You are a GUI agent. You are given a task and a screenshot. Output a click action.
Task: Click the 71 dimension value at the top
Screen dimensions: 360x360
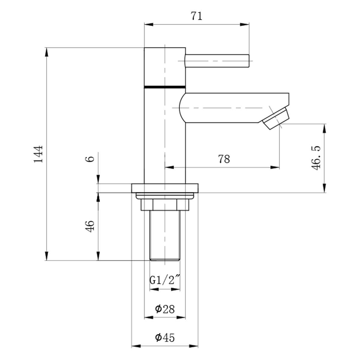pyautogui.click(x=196, y=16)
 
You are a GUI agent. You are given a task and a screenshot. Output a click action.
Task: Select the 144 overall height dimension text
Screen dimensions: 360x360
pyautogui.click(x=38, y=154)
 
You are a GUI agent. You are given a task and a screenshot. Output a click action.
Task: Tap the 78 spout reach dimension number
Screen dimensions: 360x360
pyautogui.click(x=224, y=159)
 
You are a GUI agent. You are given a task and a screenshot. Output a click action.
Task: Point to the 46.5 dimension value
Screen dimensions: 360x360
pyautogui.click(x=316, y=158)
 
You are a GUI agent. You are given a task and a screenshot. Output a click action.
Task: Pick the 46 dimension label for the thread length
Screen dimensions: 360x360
pyautogui.click(x=90, y=226)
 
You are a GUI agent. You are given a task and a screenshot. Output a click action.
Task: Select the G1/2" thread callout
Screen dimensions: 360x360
pyautogui.click(x=165, y=280)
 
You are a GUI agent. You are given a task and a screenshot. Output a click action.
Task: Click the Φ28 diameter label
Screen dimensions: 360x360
pyautogui.click(x=165, y=309)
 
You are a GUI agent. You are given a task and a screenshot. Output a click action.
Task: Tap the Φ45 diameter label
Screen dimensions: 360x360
pyautogui.click(x=165, y=337)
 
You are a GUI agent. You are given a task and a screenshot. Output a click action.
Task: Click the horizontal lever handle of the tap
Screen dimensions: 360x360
pyautogui.click(x=217, y=61)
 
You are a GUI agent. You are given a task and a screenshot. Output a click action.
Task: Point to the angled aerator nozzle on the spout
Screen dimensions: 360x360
pyautogui.click(x=276, y=118)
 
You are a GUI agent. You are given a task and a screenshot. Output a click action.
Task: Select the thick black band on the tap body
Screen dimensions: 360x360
pyautogui.click(x=165, y=87)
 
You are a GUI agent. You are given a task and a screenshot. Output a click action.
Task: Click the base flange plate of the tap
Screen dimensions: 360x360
pyautogui.click(x=165, y=188)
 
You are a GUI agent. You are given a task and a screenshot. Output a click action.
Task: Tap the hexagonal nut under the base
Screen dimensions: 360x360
pyautogui.click(x=165, y=205)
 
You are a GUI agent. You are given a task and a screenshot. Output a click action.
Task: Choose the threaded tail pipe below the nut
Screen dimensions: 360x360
pyautogui.click(x=165, y=235)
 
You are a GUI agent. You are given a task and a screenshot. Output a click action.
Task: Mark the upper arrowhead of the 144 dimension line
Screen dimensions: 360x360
pyautogui.click(x=46, y=52)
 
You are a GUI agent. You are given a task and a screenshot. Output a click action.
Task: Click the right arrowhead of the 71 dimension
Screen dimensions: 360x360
pyautogui.click(x=244, y=25)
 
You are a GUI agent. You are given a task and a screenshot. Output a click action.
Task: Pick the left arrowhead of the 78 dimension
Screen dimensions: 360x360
pyautogui.click(x=169, y=167)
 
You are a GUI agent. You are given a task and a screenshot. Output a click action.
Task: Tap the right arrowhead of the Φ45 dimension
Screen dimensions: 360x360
pyautogui.click(x=194, y=346)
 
